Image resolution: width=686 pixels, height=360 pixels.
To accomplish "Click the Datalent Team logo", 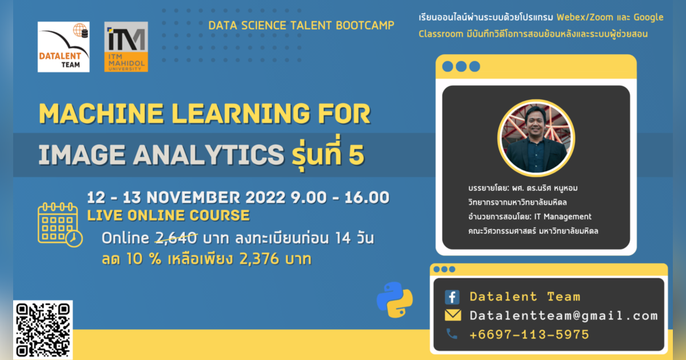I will (x=63, y=47).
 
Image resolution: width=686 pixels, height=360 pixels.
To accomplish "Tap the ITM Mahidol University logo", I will (x=126, y=47).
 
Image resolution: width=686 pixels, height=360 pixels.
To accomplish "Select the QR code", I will (x=43, y=330).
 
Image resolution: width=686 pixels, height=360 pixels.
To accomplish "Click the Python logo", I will (x=394, y=299).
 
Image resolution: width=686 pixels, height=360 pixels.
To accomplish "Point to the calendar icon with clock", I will (x=59, y=225).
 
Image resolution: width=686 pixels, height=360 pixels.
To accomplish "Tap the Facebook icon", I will (x=452, y=297).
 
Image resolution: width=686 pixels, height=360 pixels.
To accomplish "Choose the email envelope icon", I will (x=453, y=315).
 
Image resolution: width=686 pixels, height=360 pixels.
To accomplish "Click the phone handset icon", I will (x=452, y=334).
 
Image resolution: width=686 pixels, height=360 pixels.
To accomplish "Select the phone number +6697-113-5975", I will (x=529, y=334).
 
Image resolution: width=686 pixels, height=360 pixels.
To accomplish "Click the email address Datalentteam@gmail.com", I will (x=563, y=315).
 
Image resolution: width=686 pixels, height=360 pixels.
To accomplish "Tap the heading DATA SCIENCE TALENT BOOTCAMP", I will (x=301, y=26).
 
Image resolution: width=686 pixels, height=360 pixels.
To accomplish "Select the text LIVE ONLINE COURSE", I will (x=168, y=215).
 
